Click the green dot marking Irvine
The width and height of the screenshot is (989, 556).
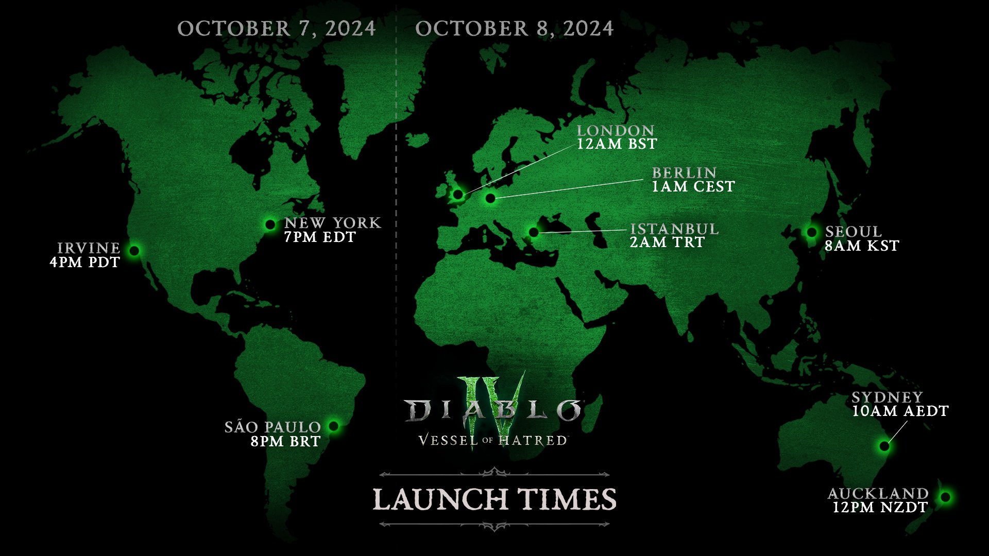[x=134, y=251]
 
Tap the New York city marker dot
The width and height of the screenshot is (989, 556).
[x=270, y=224]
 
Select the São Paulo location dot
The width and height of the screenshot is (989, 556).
[x=334, y=426]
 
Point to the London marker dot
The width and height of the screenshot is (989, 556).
[x=458, y=194]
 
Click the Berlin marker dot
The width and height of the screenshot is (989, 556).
[x=490, y=198]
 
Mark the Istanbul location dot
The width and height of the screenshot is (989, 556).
[x=534, y=232]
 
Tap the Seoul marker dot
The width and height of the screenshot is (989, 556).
[x=812, y=232]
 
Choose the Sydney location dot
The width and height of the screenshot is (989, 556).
[x=884, y=446]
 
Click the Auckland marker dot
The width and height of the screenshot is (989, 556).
[x=945, y=497]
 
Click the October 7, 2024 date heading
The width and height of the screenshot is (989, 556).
[x=277, y=29]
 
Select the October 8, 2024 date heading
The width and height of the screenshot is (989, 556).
[x=514, y=29]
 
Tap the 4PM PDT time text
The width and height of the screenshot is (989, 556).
[x=85, y=263]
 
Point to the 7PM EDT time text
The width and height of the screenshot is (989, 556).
[x=320, y=237]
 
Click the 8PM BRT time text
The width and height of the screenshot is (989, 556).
[x=285, y=442]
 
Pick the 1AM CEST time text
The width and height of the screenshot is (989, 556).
[x=693, y=186]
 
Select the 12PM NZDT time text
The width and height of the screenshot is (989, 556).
[x=880, y=508]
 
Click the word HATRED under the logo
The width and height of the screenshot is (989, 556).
[x=533, y=441]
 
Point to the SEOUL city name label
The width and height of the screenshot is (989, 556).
[x=853, y=232]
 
